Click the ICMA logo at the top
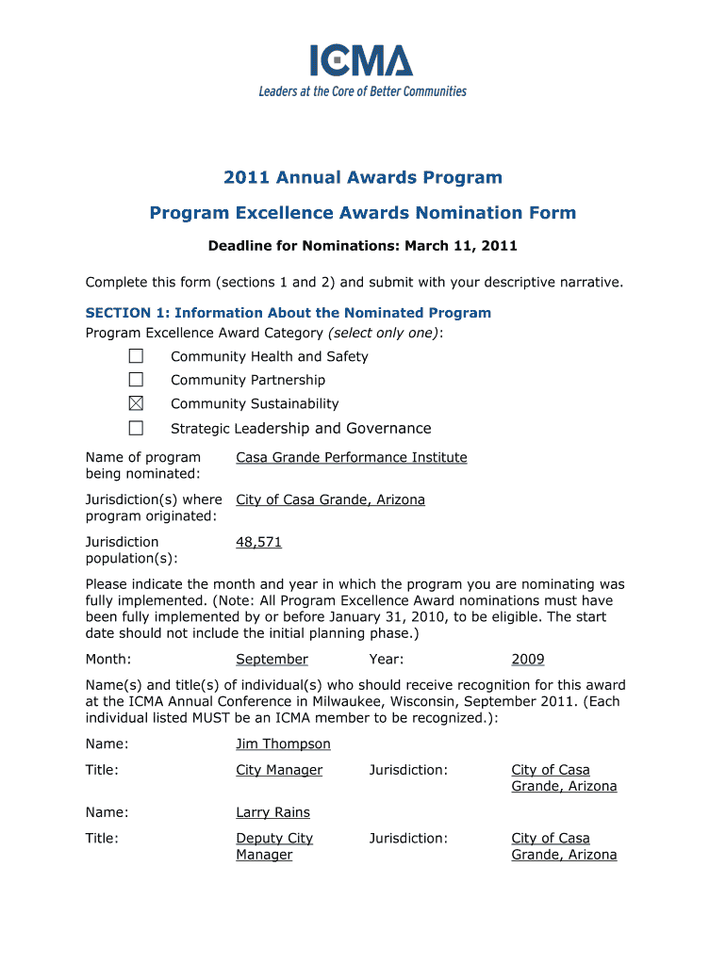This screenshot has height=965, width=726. (362, 61)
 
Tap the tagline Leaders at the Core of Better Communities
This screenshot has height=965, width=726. (362, 91)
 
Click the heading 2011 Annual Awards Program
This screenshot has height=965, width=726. (363, 177)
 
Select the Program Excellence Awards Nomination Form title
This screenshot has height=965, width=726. (363, 213)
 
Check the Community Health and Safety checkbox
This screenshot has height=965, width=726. (137, 356)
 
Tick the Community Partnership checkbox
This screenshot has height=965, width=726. (137, 380)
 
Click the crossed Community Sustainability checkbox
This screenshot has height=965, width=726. (137, 403)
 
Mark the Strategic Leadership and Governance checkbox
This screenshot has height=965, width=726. (137, 428)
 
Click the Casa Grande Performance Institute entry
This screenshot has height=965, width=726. (351, 457)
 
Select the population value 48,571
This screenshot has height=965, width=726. (258, 542)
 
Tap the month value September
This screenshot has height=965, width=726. (272, 660)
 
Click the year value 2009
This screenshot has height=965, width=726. (528, 660)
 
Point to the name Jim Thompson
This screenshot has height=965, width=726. (283, 744)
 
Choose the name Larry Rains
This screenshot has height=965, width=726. (272, 812)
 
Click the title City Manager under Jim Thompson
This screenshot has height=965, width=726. (279, 770)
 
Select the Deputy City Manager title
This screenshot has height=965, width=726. (273, 846)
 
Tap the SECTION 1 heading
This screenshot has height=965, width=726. (288, 313)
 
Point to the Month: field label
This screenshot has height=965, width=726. (108, 660)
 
